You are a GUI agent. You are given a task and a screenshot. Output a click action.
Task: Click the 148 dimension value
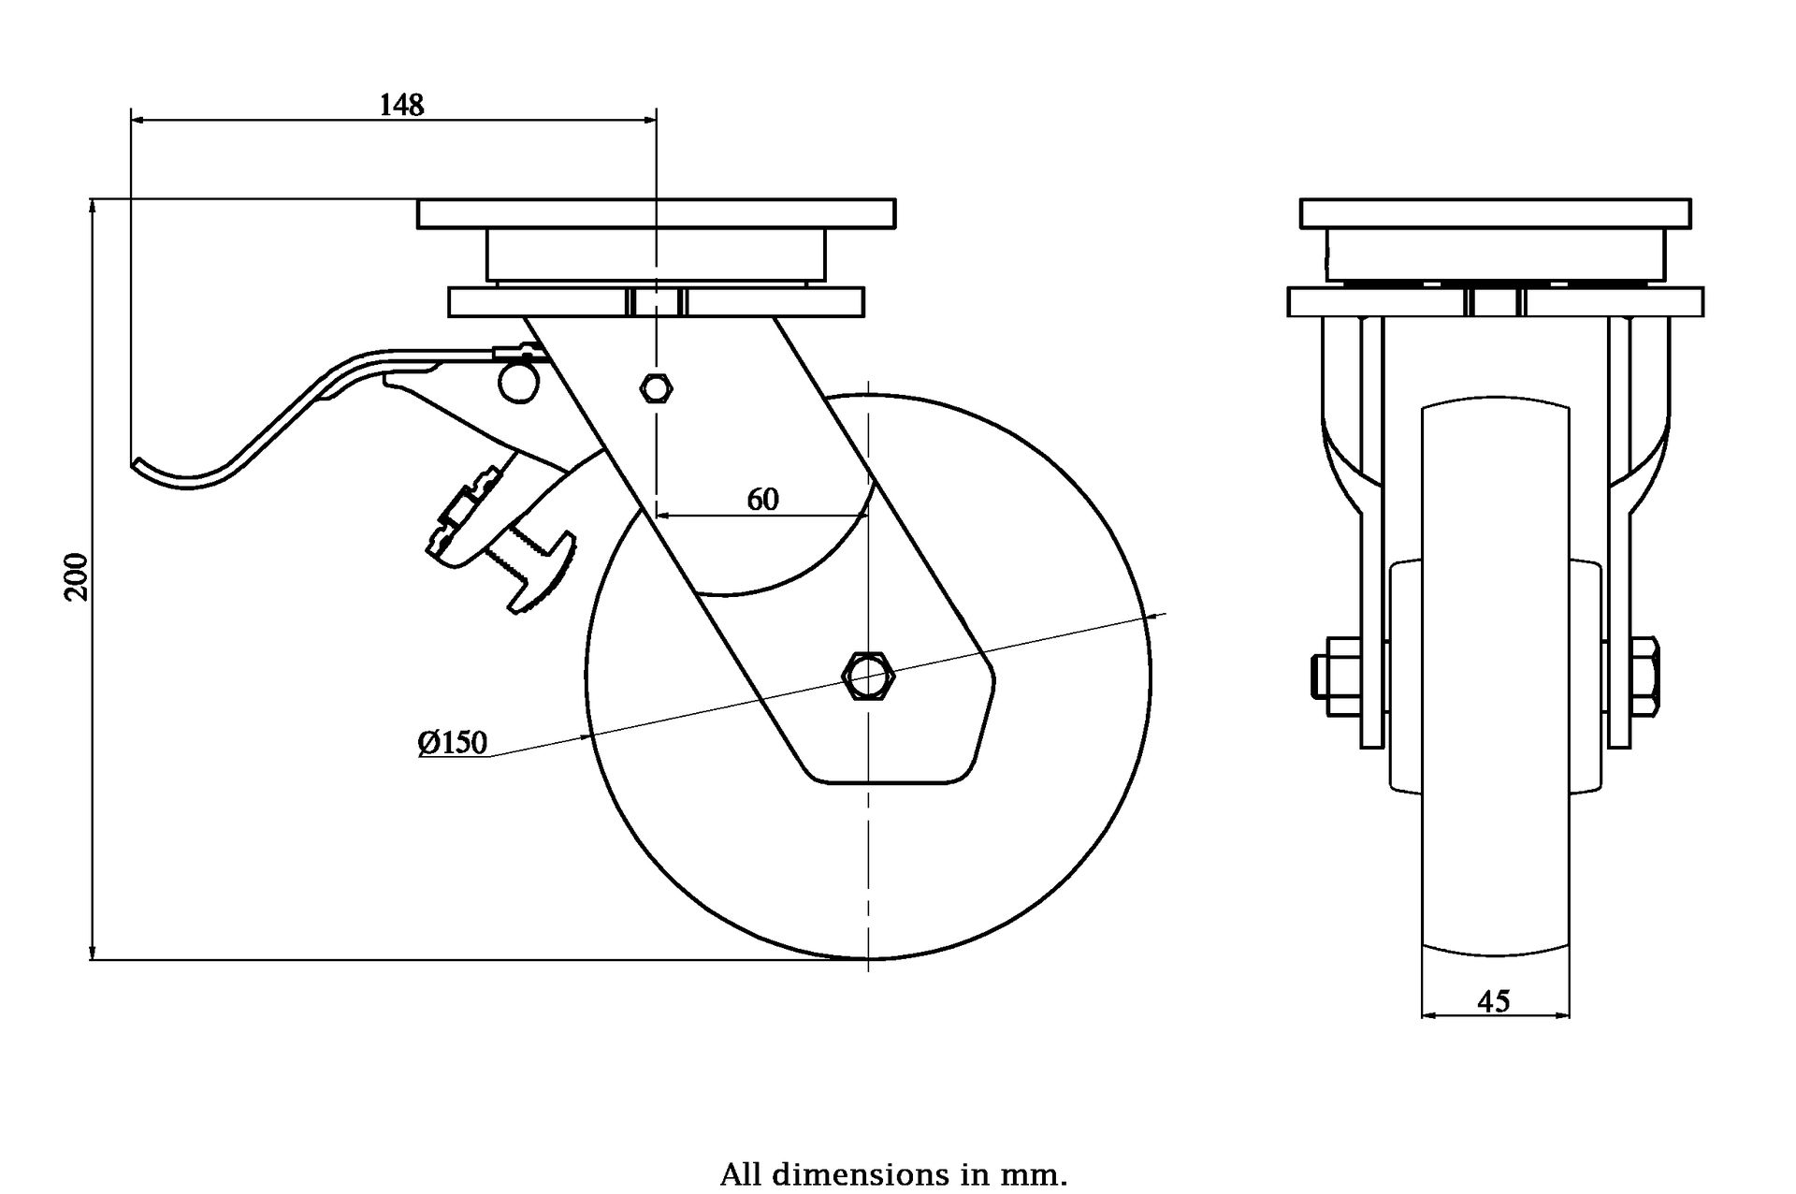pyautogui.click(x=401, y=105)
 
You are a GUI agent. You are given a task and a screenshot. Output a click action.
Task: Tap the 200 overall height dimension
pyautogui.click(x=78, y=576)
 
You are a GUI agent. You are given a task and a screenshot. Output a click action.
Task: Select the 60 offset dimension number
pyautogui.click(x=762, y=500)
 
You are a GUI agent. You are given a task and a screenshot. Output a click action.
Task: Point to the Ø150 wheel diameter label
pyautogui.click(x=453, y=743)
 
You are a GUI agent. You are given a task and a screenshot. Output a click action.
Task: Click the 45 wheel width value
pyautogui.click(x=1494, y=1001)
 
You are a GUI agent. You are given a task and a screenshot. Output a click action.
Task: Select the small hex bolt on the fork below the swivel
pyautogui.click(x=656, y=386)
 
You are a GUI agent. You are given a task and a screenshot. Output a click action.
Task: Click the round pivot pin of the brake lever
pyautogui.click(x=517, y=383)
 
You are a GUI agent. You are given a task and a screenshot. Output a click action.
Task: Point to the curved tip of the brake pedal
pyautogui.click(x=140, y=464)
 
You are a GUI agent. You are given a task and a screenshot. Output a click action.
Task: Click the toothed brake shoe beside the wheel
pyautogui.click(x=543, y=573)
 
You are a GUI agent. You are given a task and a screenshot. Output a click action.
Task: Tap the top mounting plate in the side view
pyautogui.click(x=656, y=213)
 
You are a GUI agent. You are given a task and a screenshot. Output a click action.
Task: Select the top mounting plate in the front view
pyautogui.click(x=1495, y=213)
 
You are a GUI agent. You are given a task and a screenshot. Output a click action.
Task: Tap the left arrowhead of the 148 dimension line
pyautogui.click(x=137, y=120)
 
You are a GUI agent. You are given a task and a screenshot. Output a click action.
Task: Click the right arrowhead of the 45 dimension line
pyautogui.click(x=1564, y=1015)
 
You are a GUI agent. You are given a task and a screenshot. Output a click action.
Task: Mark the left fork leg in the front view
pyautogui.click(x=1371, y=533)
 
